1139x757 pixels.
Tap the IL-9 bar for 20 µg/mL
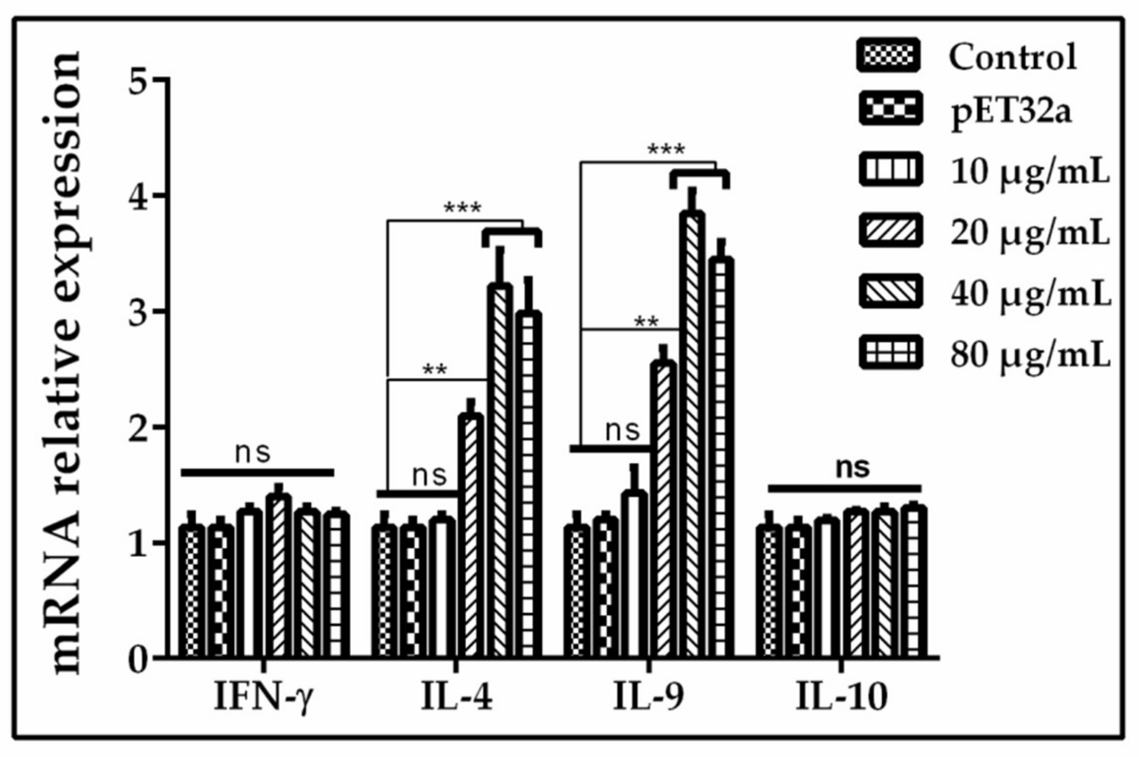[x=663, y=509]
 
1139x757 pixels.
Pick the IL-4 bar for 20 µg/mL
[x=471, y=535]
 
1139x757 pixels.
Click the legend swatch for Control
[x=888, y=56]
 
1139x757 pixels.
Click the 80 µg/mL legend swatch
[x=889, y=352]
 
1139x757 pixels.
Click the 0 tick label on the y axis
[x=139, y=658]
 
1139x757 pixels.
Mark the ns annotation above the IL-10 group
[x=852, y=467]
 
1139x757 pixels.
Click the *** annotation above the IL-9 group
[x=666, y=150]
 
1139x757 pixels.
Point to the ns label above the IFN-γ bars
[x=253, y=452]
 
